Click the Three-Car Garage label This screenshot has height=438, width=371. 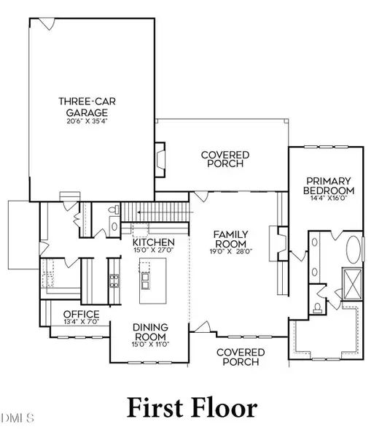click(x=87, y=107)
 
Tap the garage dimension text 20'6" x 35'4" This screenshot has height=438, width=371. click(x=87, y=121)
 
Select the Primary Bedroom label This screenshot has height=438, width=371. click(x=329, y=185)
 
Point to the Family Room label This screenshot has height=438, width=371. click(x=230, y=239)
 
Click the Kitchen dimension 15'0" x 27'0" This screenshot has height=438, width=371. click(x=154, y=250)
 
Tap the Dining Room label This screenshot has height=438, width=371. click(x=150, y=331)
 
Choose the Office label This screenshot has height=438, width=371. click(x=81, y=314)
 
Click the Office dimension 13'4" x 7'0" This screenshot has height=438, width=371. click(x=82, y=321)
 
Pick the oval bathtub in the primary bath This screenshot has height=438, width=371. click(x=354, y=250)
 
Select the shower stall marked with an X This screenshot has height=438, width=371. click(x=353, y=284)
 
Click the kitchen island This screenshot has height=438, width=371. click(x=153, y=281)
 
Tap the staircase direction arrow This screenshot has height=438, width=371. click(x=165, y=212)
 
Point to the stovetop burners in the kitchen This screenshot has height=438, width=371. click(x=114, y=281)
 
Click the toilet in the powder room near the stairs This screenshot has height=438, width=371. click(x=114, y=210)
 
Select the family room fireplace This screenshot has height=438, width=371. click(x=279, y=244)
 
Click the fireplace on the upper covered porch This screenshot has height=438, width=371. click(x=160, y=159)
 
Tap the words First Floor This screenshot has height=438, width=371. click(x=192, y=408)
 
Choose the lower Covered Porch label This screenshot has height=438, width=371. click(x=241, y=357)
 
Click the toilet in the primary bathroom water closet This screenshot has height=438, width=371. click(x=317, y=308)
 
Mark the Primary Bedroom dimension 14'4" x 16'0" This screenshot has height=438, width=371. click(x=329, y=198)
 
